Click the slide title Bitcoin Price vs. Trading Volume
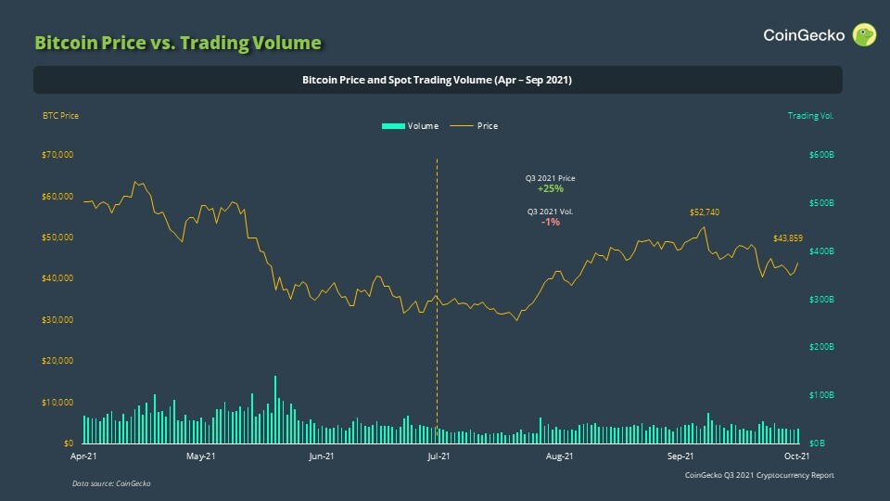(x=177, y=43)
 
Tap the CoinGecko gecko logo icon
(x=864, y=35)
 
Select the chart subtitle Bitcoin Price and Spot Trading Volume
(x=437, y=81)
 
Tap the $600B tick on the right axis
(x=822, y=155)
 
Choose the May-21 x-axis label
(x=201, y=456)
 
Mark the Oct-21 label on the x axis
(x=797, y=456)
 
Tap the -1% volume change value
(x=551, y=223)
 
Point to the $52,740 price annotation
(x=705, y=212)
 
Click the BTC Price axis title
(x=60, y=116)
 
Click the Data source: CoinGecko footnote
(x=111, y=484)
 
